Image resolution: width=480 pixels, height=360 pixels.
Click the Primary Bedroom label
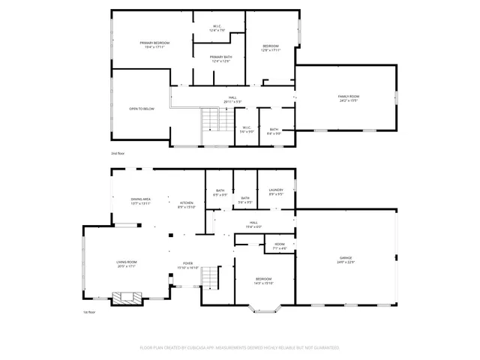click(x=154, y=45)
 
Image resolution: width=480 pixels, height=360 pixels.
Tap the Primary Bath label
click(x=220, y=59)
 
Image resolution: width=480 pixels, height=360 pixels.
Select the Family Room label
click(x=348, y=97)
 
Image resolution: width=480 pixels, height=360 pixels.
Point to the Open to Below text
click(x=141, y=109)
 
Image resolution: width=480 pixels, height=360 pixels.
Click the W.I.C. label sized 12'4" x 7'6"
click(x=217, y=28)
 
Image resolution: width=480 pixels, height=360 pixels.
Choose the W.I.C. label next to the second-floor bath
click(x=246, y=129)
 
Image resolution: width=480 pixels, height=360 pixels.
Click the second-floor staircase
click(x=216, y=121)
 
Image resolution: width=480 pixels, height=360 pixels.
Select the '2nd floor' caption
click(x=118, y=153)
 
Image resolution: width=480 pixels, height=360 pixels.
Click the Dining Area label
click(x=141, y=201)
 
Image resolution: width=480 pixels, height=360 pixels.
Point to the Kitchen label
click(x=186, y=204)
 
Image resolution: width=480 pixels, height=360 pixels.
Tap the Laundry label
click(x=275, y=191)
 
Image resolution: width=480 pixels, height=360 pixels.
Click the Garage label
click(x=344, y=260)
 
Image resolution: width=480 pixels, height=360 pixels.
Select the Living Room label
click(x=126, y=263)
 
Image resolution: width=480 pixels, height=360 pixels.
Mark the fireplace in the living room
click(x=125, y=298)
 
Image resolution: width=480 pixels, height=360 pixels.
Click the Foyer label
click(x=188, y=265)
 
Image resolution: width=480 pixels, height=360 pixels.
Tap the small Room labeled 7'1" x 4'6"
click(x=279, y=246)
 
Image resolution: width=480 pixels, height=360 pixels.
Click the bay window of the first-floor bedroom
click(x=267, y=307)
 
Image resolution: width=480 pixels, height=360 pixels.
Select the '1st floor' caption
click(x=90, y=312)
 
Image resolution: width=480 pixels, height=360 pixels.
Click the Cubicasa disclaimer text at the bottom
click(x=239, y=348)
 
